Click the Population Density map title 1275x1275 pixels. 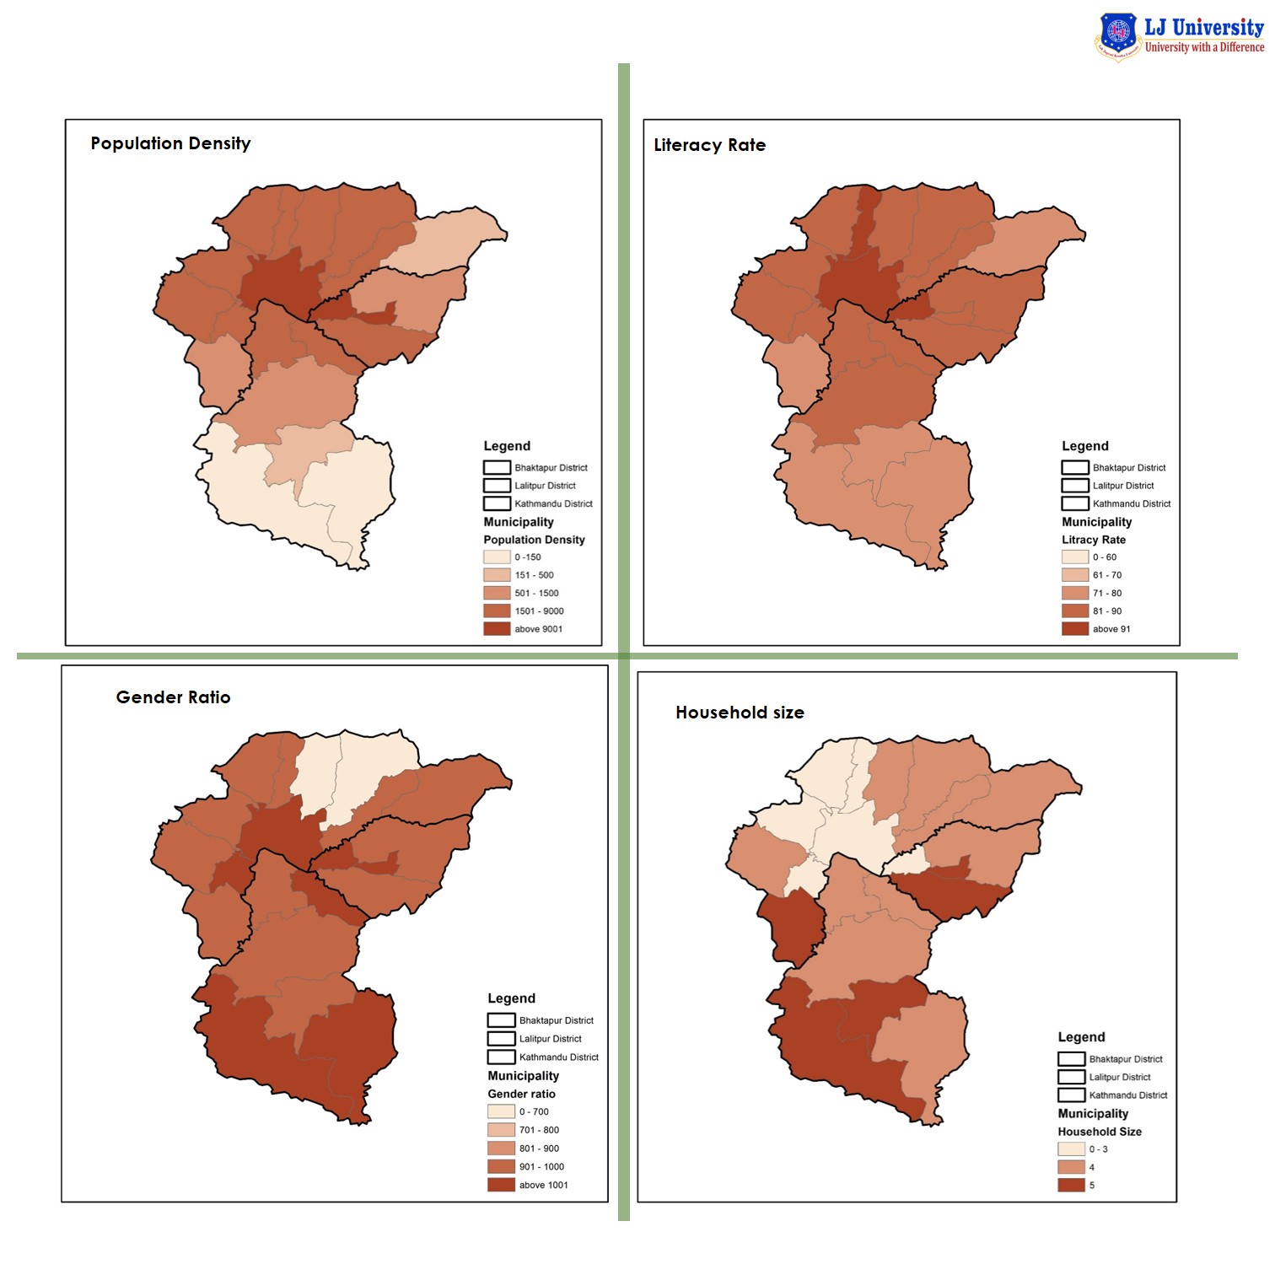pos(170,143)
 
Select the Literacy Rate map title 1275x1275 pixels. pos(709,145)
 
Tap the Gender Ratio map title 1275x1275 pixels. pos(173,697)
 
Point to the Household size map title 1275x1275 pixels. pos(740,713)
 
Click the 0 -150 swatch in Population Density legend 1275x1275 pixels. pos(497,557)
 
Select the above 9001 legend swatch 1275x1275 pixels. pos(497,629)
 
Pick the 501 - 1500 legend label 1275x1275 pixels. pos(536,594)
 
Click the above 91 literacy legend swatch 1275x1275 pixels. pos(1074,629)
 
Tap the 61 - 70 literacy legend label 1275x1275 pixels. pos(1107,575)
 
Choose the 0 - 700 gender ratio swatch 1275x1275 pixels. pos(501,1111)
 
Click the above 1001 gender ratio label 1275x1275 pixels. pos(543,1186)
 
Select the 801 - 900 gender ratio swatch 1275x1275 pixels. pos(501,1149)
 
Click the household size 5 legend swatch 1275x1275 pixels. pos(1071,1186)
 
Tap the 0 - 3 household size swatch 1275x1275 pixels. pos(1071,1149)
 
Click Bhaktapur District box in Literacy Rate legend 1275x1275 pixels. pos(1074,468)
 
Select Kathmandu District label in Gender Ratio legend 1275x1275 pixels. pos(558,1057)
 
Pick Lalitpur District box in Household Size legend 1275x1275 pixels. pos(1071,1078)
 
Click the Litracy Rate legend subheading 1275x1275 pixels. pos(1093,540)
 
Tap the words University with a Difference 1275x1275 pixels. pos(1204,48)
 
